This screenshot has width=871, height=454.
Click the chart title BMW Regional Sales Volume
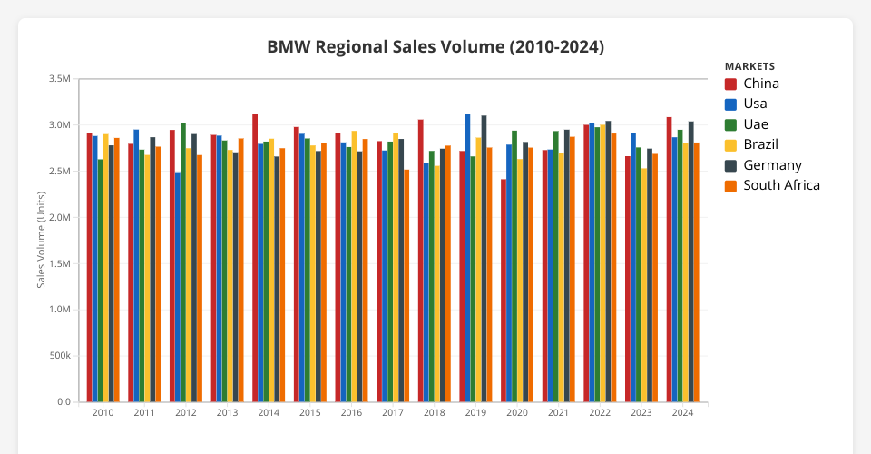pos(435,46)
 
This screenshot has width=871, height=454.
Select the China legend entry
pos(760,84)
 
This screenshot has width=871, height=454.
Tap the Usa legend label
pos(755,104)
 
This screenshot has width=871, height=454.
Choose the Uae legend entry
pos(755,124)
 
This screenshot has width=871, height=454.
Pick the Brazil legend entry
pos(760,144)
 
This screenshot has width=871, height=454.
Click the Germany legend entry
pos(772,165)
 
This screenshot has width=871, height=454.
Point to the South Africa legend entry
pos(781,185)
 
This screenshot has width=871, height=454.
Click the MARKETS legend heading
pos(749,66)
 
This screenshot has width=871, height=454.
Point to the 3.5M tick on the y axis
pos(59,79)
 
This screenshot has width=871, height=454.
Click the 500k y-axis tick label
pos(59,356)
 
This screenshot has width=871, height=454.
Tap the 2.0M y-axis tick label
pos(59,218)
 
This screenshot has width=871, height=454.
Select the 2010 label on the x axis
pos(103,413)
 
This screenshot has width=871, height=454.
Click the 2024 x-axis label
pos(682,413)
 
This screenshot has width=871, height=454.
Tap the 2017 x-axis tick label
pos(393,413)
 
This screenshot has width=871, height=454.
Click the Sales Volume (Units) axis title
pos(42,241)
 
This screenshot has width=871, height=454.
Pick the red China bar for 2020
pos(504,291)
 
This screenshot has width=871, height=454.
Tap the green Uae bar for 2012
pos(183,263)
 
